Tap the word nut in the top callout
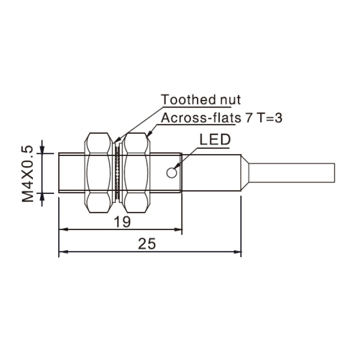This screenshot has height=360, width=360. tap(230, 100)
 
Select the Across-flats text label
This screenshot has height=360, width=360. tap(201, 118)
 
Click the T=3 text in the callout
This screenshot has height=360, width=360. tap(269, 118)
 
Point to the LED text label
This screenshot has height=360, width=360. tap(215, 139)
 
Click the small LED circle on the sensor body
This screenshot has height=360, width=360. tap(171, 173)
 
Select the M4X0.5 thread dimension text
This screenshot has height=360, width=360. tap(28, 174)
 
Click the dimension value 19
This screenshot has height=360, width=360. tap(122, 222)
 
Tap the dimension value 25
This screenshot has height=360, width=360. tap(147, 244)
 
